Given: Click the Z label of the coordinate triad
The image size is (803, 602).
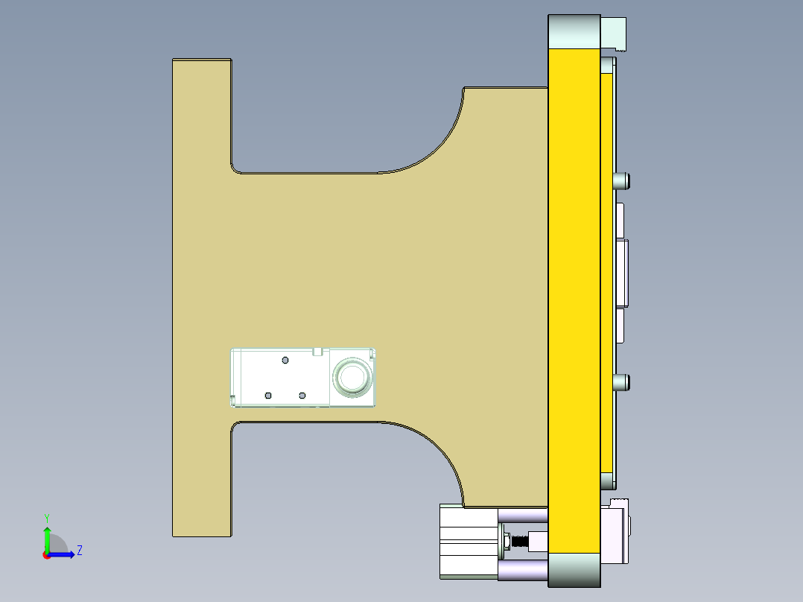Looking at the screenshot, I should coord(79,551).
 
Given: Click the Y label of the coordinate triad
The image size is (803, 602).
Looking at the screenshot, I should coord(46,517).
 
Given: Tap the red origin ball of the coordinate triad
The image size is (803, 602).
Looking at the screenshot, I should coord(46,555).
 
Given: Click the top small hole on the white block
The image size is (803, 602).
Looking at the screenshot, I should coord(285,361).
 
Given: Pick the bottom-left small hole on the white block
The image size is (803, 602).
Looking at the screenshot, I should coord(268,395).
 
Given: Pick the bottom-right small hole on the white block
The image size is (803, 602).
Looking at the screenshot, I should coord(302,395).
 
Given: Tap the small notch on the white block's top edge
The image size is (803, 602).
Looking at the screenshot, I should coord(317,351).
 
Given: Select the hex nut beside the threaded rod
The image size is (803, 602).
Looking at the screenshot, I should coord(507,540).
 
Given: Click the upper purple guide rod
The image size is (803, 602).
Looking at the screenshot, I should coord(523,516).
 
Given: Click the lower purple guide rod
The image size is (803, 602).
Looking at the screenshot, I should coord(523,571).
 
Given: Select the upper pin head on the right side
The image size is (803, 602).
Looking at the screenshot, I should coord(622,180).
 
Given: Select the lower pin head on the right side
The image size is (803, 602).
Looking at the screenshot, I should coord(622,383).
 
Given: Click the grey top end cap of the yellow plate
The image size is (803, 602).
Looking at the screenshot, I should coord(574,31).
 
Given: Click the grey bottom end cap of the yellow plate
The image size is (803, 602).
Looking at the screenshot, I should coord(574,570).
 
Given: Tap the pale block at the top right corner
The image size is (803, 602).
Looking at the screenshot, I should coord(615,34).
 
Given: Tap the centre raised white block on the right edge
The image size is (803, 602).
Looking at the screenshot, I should coord(623,273).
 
